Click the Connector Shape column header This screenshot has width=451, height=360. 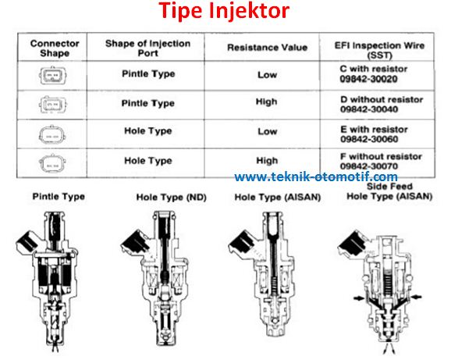pyautogui.click(x=55, y=48)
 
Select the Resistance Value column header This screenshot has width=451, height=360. pyautogui.click(x=268, y=48)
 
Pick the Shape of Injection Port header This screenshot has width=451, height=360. pyautogui.click(x=147, y=48)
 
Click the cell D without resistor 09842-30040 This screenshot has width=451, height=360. pyautogui.click(x=380, y=105)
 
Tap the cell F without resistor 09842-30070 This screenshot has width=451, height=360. pyautogui.click(x=380, y=161)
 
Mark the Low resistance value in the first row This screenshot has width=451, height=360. pyautogui.click(x=267, y=75)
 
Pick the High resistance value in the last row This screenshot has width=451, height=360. pyautogui.click(x=267, y=161)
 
